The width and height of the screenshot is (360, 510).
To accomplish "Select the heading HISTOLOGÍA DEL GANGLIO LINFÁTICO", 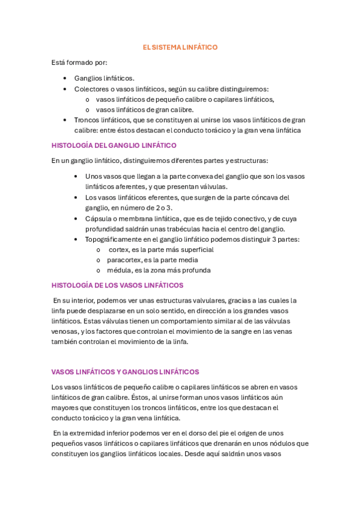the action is [x=114, y=145].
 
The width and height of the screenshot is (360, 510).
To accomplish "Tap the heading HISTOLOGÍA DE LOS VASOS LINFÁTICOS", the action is [x=117, y=285].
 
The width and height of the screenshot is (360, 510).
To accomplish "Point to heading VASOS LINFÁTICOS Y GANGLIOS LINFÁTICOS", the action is [x=125, y=372].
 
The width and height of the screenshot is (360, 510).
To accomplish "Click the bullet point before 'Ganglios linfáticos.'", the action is [x=65, y=78].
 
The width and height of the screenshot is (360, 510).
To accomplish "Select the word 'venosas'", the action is [x=65, y=331].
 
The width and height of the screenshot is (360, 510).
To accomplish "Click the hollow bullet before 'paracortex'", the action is [x=98, y=260].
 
